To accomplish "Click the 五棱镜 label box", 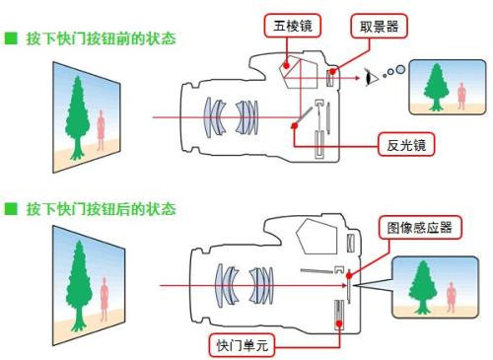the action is point(292,26).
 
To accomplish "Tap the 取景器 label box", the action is point(379,26).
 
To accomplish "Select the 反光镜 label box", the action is point(406,144).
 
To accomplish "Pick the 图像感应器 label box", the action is point(420,227).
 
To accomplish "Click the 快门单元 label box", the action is point(242,345).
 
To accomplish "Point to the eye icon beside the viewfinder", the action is point(371,78).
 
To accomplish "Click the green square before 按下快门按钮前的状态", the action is point(11,38).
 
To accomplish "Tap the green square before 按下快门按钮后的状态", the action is point(11,209).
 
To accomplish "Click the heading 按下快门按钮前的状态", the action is point(102,38).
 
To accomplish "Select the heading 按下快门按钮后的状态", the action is point(102,209).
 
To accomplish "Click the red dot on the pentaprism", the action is point(287,65).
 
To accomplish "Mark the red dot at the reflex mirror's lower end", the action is point(295,125).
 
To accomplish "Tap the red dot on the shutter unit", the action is point(339,324).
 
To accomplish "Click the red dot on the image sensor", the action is point(349,275).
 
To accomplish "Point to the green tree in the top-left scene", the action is point(78,117).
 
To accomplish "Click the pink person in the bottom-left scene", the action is point(105,299).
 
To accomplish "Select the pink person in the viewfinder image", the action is point(461,96).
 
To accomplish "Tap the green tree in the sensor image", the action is point(423,287).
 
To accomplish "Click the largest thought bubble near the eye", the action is point(400,69).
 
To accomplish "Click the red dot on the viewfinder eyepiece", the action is point(333,71).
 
